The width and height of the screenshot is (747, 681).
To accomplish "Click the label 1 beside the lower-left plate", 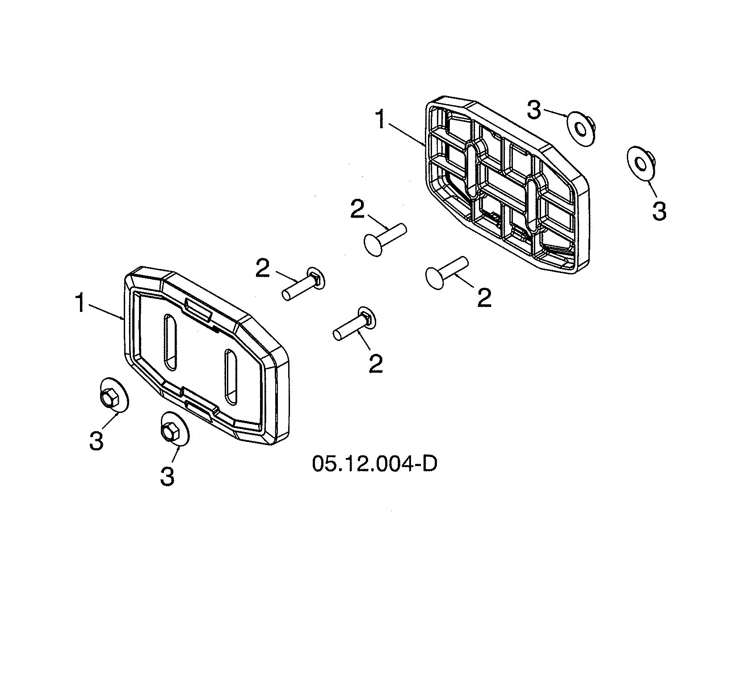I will [x=80, y=304].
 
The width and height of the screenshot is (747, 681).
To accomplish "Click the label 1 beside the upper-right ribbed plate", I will [x=380, y=120].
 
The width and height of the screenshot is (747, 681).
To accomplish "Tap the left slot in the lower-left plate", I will [x=170, y=342].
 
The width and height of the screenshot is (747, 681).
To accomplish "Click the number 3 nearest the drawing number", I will [x=167, y=476].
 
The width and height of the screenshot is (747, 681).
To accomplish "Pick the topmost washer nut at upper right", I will [x=580, y=129].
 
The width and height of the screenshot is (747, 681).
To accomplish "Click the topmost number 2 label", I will [x=357, y=210].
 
